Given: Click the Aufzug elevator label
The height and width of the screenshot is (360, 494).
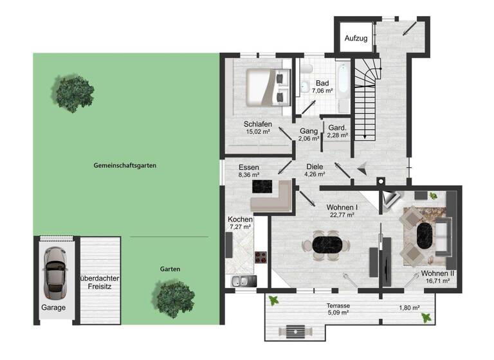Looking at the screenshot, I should tap(356, 39).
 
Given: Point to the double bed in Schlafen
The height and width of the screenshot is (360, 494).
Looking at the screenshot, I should tap(266, 87).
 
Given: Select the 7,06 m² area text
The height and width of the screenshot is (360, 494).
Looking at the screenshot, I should tap(323, 91).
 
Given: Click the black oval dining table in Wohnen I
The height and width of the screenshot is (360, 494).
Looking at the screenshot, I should tap(329, 244).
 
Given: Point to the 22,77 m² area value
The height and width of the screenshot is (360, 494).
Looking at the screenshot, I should tap(343, 215).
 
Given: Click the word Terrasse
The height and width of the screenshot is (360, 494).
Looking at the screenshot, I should tap(337, 306).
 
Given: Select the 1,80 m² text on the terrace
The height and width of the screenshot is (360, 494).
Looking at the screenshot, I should tap(409, 307).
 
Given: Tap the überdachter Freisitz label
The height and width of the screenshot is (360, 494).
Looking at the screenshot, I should tap(99, 282).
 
